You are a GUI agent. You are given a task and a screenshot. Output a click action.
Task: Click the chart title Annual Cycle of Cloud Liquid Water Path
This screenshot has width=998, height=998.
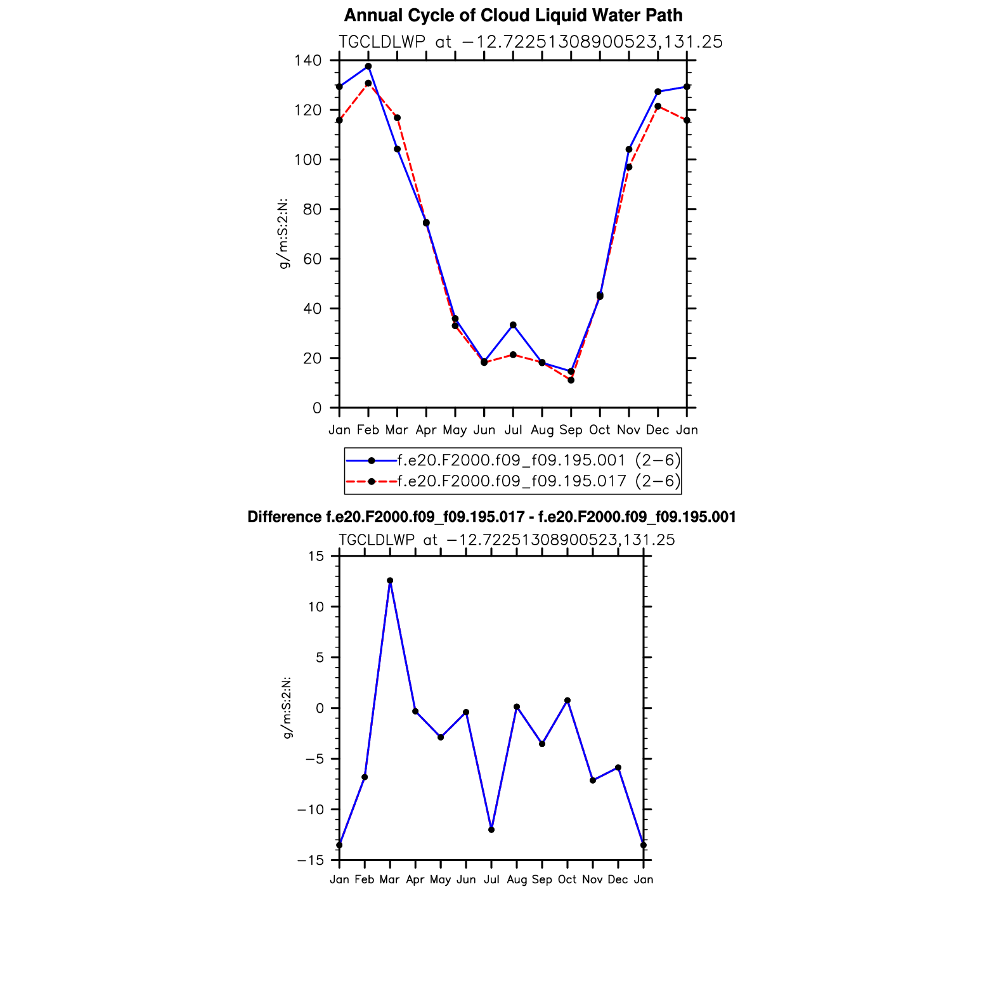513,15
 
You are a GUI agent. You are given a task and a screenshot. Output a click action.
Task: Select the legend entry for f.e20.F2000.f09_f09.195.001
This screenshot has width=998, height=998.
511,460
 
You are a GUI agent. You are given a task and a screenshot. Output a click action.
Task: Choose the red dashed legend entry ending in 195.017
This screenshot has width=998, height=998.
511,481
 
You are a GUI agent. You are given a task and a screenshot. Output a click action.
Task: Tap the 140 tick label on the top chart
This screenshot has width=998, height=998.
308,61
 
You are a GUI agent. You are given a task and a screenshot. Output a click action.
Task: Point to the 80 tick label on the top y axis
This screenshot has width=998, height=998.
311,209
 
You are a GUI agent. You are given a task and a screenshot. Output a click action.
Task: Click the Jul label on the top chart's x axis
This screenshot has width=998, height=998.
513,430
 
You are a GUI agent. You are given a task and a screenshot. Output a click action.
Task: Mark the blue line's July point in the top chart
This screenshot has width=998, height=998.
513,325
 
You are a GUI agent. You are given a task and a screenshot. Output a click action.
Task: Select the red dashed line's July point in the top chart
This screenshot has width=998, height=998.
513,354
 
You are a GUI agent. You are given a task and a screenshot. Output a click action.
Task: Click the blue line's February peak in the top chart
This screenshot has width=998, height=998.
368,67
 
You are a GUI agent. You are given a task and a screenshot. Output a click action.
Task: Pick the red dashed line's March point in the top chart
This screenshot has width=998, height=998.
397,118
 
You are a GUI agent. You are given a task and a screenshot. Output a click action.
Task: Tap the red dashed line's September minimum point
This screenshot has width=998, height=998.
571,380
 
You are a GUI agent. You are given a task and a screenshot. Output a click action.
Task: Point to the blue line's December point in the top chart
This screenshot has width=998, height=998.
658,92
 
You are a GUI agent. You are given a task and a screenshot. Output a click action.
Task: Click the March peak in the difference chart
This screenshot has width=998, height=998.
390,581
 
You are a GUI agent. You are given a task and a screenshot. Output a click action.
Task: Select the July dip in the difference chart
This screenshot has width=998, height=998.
491,830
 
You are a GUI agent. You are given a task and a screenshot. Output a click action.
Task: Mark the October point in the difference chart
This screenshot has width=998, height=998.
567,701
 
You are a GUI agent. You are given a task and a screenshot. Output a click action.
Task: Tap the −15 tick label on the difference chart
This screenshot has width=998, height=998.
311,860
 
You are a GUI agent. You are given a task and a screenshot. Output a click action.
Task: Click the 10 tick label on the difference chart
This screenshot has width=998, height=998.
316,607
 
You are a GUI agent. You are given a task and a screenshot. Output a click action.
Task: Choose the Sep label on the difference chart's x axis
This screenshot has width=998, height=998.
542,879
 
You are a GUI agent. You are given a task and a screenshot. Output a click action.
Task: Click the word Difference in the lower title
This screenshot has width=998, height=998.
284,517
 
